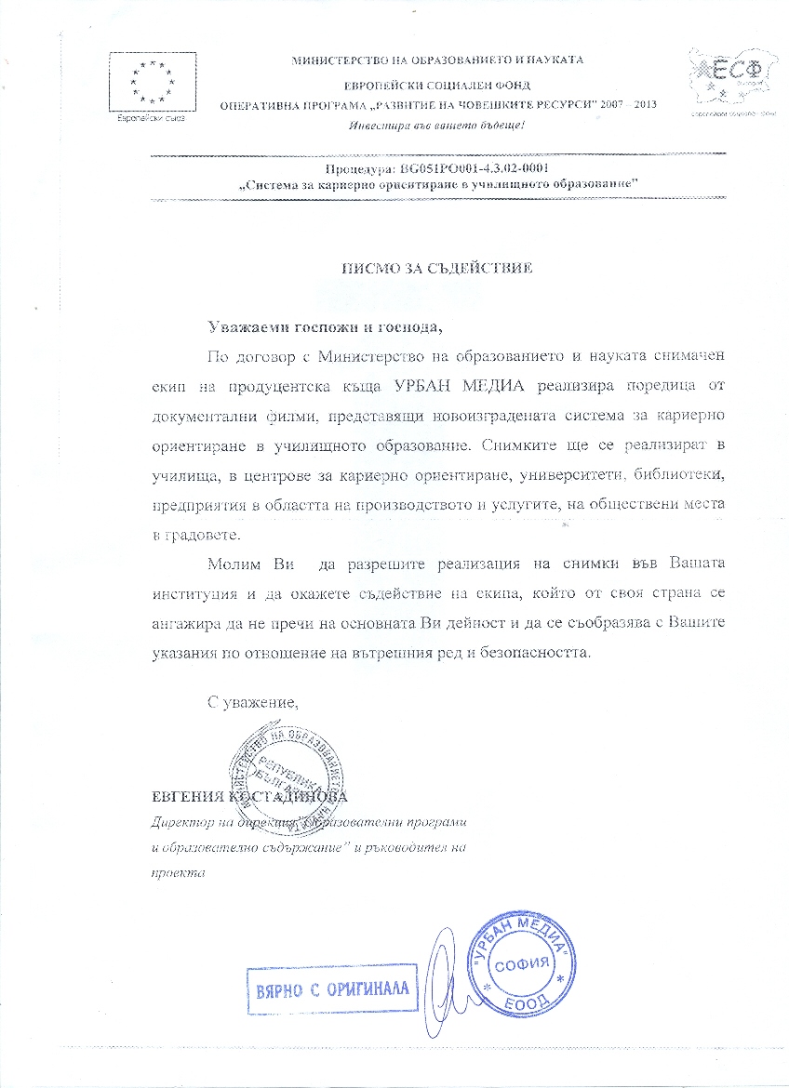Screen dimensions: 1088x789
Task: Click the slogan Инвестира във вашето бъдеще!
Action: pyautogui.click(x=436, y=126)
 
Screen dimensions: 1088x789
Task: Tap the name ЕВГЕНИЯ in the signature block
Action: pyautogui.click(x=193, y=798)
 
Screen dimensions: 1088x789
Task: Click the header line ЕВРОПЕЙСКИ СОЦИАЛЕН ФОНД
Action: pyautogui.click(x=436, y=82)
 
